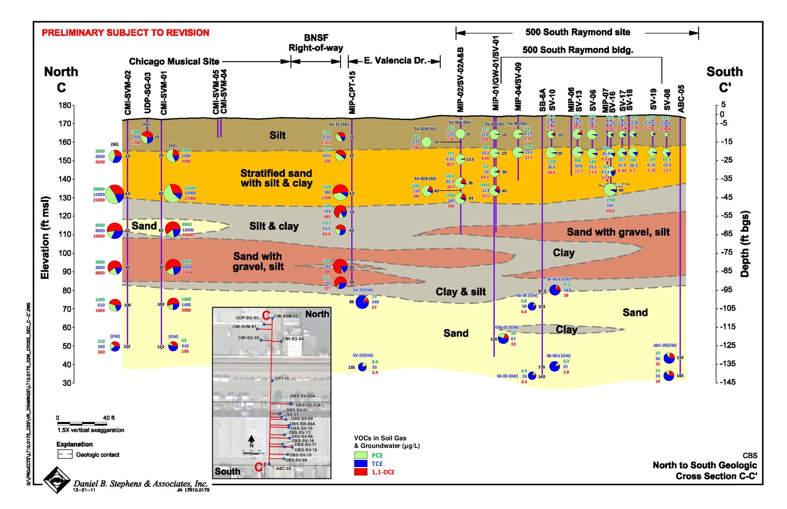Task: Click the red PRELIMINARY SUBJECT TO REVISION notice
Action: [x=126, y=33]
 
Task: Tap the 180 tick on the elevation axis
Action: [x=65, y=106]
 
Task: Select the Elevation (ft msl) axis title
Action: [x=45, y=238]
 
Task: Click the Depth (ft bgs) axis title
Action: [x=745, y=244]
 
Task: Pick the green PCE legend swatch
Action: [x=361, y=455]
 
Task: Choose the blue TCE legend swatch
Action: [x=361, y=464]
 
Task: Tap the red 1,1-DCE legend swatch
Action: [x=361, y=472]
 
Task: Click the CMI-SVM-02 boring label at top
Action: [x=128, y=93]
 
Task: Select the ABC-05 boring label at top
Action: [x=681, y=98]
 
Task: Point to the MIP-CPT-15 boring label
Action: [x=352, y=93]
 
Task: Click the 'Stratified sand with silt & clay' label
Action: [x=276, y=178]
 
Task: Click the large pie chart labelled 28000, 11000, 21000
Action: [x=115, y=194]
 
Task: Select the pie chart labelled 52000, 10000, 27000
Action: [x=173, y=193]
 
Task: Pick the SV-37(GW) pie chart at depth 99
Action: [x=362, y=302]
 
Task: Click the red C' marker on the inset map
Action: [x=260, y=467]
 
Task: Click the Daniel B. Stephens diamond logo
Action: [x=57, y=480]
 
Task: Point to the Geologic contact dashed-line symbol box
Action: [x=65, y=454]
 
